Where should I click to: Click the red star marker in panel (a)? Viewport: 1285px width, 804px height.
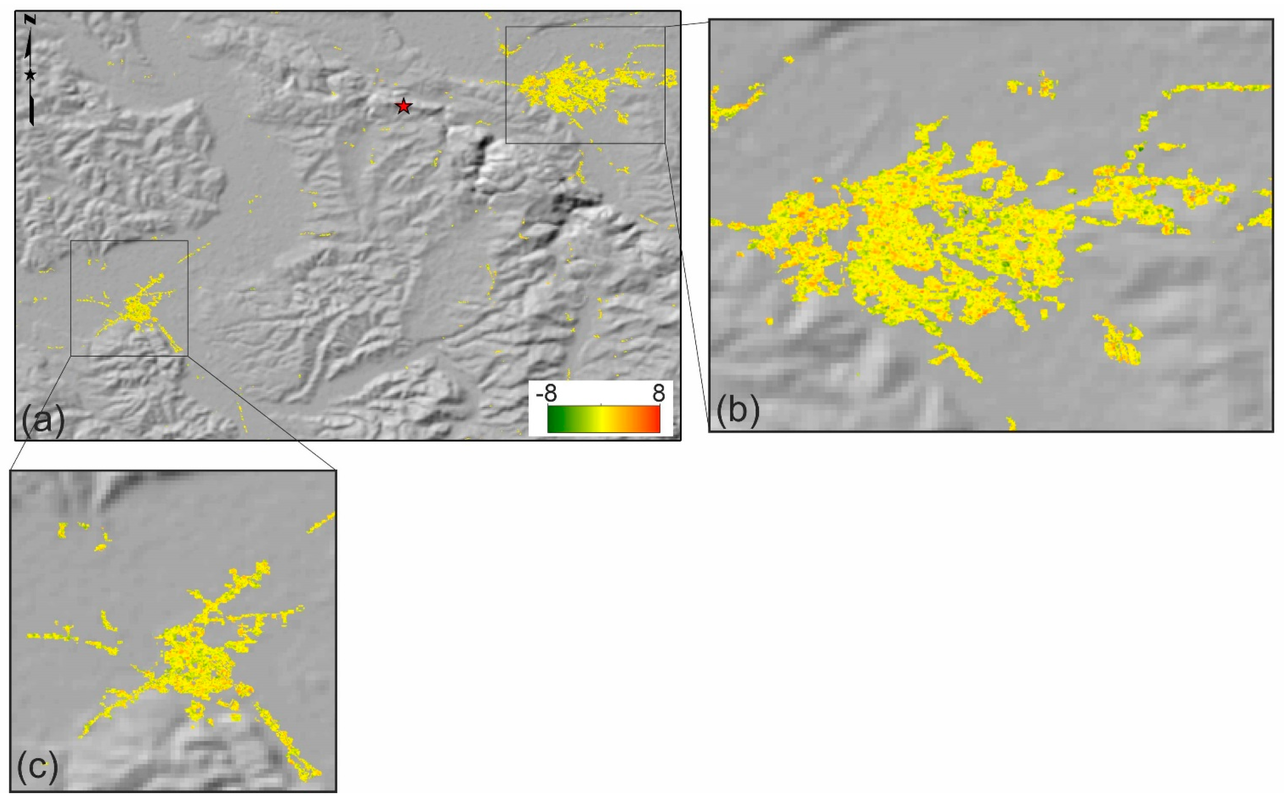coord(404,106)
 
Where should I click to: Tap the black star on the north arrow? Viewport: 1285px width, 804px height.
coord(30,75)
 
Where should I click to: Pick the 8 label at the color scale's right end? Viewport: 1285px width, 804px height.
coord(658,394)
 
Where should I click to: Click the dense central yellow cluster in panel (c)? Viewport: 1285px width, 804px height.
coord(200,665)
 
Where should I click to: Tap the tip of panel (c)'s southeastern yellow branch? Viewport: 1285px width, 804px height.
coord(314,774)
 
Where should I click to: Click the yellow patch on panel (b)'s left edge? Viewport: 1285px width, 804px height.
coord(731,106)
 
